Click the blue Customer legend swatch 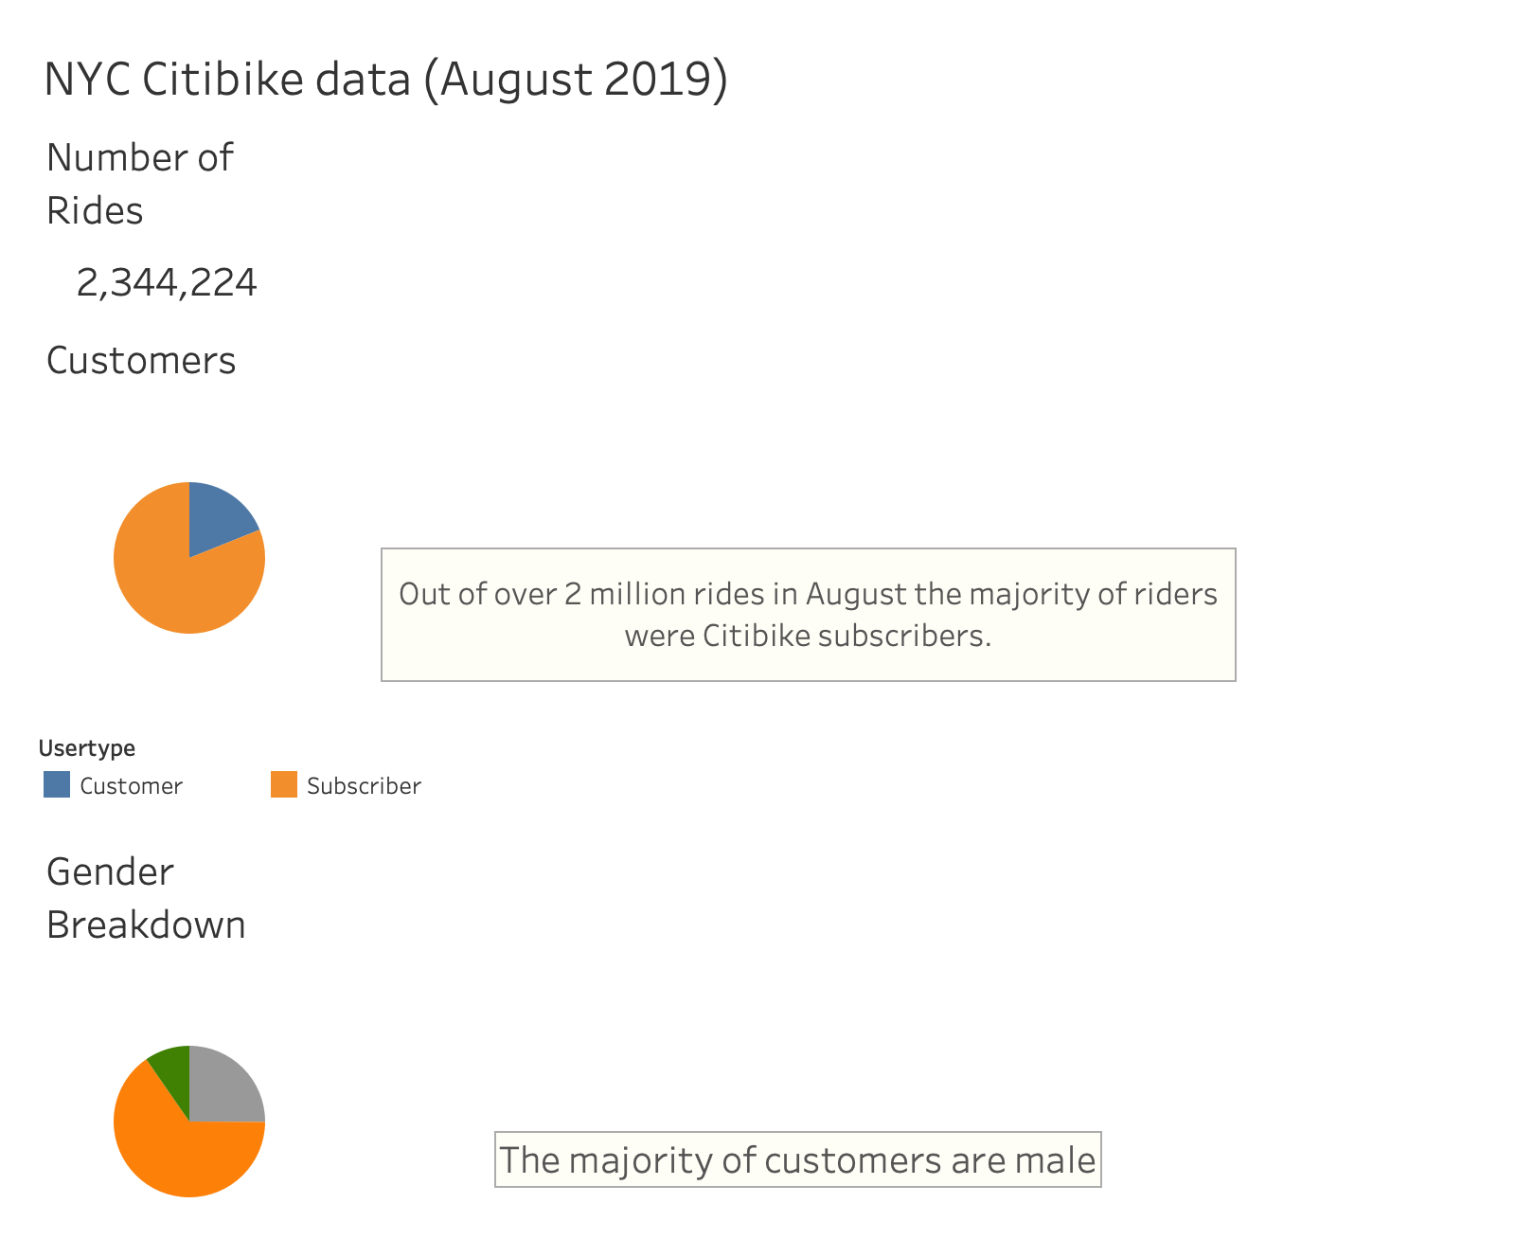57,784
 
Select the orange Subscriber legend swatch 284,784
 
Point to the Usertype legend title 87,748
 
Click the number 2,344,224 167,282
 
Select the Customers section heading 141,361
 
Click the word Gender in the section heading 110,871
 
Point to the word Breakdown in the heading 146,925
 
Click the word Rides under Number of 95,210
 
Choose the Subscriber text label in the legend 364,786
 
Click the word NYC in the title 87,79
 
